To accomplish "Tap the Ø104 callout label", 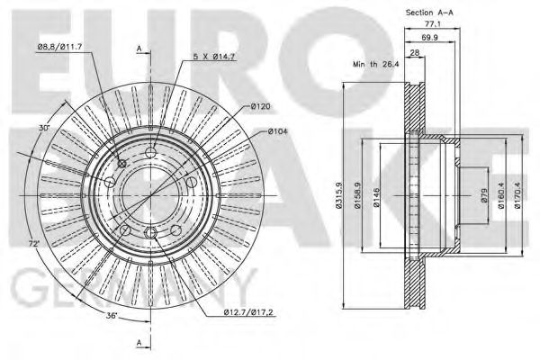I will click(277, 131).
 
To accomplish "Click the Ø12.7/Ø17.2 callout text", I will click(247, 312).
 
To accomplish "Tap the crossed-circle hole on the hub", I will click(122, 163).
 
